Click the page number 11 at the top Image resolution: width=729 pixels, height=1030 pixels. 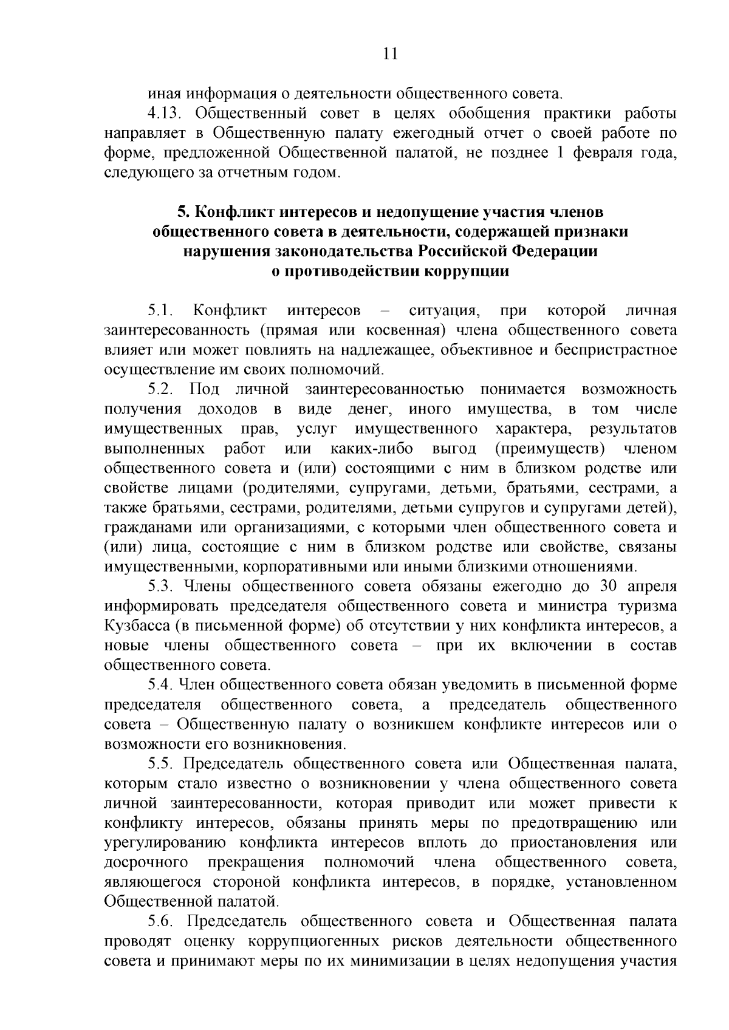coord(391,54)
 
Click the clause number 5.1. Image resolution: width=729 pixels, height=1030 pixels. coord(160,311)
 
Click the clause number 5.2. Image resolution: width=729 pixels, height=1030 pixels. coord(160,389)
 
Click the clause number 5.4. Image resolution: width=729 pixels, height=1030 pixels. coord(160,685)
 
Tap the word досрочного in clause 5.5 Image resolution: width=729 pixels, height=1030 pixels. coord(145,862)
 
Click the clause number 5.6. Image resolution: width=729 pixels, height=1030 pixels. coord(160,921)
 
